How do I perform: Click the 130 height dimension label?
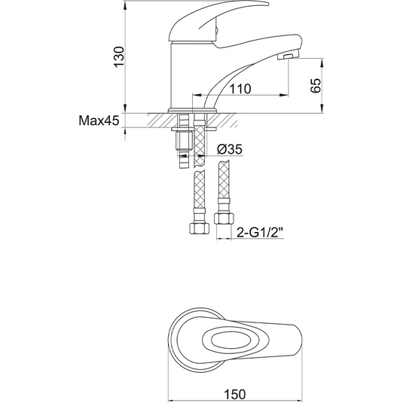[x=119, y=57]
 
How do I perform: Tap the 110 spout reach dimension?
[x=240, y=89]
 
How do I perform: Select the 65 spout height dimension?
[x=316, y=85]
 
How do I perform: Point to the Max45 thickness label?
[x=99, y=121]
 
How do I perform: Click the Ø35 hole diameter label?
[x=230, y=149]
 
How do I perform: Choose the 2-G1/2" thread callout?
[x=259, y=233]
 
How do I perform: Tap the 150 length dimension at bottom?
[x=235, y=394]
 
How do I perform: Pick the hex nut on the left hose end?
[x=200, y=228]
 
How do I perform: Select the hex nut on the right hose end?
[x=224, y=218]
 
